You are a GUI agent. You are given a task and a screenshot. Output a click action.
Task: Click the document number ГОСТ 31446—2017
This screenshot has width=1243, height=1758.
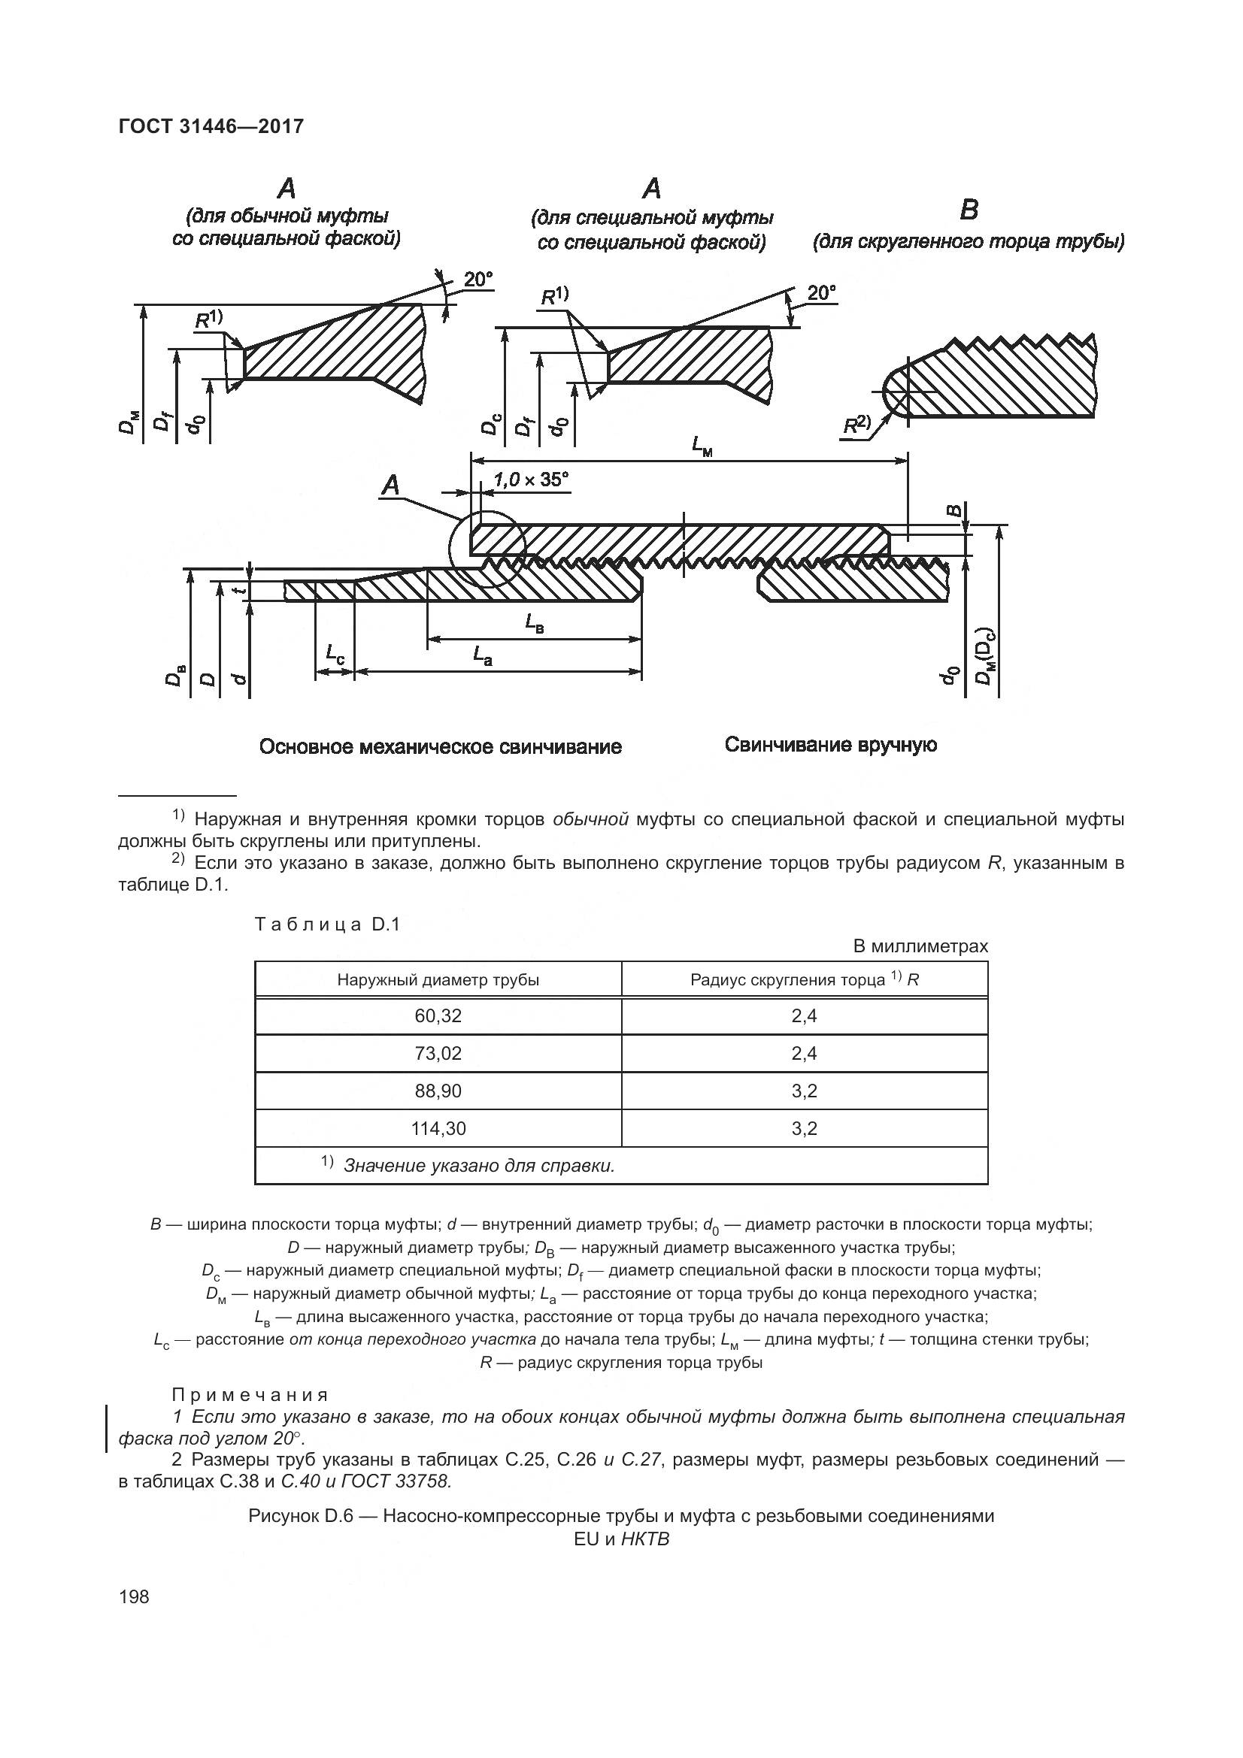(x=211, y=126)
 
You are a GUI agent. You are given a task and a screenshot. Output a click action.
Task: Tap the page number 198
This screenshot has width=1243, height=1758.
(x=134, y=1596)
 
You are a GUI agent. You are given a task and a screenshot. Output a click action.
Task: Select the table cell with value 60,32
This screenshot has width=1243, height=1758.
(x=438, y=1016)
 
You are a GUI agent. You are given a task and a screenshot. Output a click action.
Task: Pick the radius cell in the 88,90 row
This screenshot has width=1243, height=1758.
(x=804, y=1091)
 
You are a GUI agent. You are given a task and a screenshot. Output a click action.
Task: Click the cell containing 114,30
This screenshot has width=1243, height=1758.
(x=438, y=1128)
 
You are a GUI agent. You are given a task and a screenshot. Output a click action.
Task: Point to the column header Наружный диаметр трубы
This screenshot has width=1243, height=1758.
(x=438, y=980)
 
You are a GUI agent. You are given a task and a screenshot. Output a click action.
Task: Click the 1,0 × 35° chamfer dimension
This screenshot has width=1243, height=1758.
(x=531, y=480)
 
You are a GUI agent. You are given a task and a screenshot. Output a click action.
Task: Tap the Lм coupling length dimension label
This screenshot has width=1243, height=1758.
(x=702, y=446)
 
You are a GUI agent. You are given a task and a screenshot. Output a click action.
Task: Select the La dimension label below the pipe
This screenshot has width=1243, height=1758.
(x=482, y=655)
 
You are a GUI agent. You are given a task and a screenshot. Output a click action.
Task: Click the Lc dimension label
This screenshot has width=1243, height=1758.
(x=335, y=653)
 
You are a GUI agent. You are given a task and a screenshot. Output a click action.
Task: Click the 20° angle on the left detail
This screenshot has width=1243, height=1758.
(x=478, y=280)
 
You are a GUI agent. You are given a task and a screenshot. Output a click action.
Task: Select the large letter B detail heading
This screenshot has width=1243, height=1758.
(x=969, y=210)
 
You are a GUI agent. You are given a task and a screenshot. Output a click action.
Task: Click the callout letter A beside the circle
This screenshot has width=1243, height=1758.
(x=390, y=485)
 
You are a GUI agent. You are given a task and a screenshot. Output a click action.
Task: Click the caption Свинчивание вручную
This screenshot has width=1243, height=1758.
(x=830, y=744)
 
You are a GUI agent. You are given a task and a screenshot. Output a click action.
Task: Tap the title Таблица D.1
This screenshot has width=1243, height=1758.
(x=327, y=924)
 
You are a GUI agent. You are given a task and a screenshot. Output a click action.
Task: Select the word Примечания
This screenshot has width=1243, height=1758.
(x=250, y=1394)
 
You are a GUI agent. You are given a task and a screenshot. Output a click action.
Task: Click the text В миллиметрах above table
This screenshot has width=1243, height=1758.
(x=920, y=946)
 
